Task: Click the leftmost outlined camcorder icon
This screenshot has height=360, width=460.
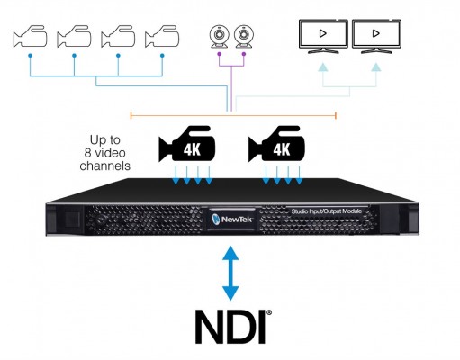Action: (x=30, y=36)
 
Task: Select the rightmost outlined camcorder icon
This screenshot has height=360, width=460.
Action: (x=162, y=36)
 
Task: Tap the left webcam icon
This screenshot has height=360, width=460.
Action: (x=220, y=37)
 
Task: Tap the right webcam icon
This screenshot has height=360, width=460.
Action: (x=244, y=37)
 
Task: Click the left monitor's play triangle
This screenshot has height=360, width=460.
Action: (x=323, y=33)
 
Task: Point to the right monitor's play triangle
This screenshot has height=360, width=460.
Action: (x=375, y=33)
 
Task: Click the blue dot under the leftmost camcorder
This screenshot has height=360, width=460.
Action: (x=30, y=56)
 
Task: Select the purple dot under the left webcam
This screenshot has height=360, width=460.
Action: (x=220, y=54)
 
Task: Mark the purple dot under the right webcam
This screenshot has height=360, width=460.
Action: (x=244, y=54)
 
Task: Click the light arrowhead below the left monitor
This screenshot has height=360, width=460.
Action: (x=323, y=67)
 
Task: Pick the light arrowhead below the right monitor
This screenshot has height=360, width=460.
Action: (x=375, y=67)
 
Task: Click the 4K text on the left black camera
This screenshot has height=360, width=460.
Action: (x=192, y=149)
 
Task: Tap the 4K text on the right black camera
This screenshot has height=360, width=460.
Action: (x=282, y=149)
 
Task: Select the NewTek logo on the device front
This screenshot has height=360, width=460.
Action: (x=232, y=220)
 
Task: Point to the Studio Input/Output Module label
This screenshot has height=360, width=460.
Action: (x=327, y=211)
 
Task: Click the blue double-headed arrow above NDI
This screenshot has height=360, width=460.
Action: (x=230, y=273)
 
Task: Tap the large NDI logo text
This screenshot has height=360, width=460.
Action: (x=230, y=327)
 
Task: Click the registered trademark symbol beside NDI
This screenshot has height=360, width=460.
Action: (x=269, y=312)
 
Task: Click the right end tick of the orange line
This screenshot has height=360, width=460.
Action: (x=336, y=115)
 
